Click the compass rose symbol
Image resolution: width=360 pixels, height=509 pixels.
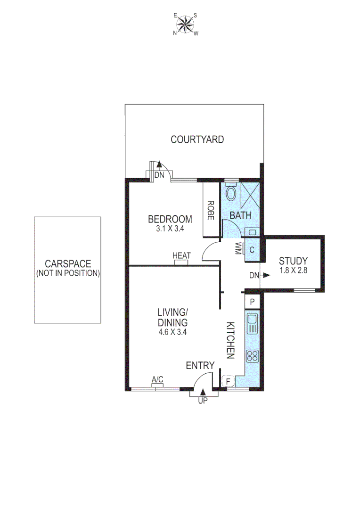pyautogui.click(x=186, y=24)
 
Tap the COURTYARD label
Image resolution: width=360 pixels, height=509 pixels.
pyautogui.click(x=197, y=140)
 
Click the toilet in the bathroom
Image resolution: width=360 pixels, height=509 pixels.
pyautogui.click(x=231, y=193)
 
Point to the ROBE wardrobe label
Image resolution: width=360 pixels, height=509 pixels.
pyautogui.click(x=211, y=211)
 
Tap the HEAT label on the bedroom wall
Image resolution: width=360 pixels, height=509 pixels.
pyautogui.click(x=181, y=256)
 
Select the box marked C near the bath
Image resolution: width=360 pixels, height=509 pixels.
pyautogui.click(x=252, y=250)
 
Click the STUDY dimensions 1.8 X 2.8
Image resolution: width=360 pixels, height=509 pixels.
pyautogui.click(x=293, y=272)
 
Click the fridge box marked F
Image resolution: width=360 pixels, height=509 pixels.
pyautogui.click(x=229, y=380)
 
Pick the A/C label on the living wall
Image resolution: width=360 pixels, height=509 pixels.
pyautogui.click(x=157, y=379)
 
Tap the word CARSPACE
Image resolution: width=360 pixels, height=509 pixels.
pyautogui.click(x=68, y=264)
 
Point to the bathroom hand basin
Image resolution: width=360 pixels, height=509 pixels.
pyautogui.click(x=252, y=232)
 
